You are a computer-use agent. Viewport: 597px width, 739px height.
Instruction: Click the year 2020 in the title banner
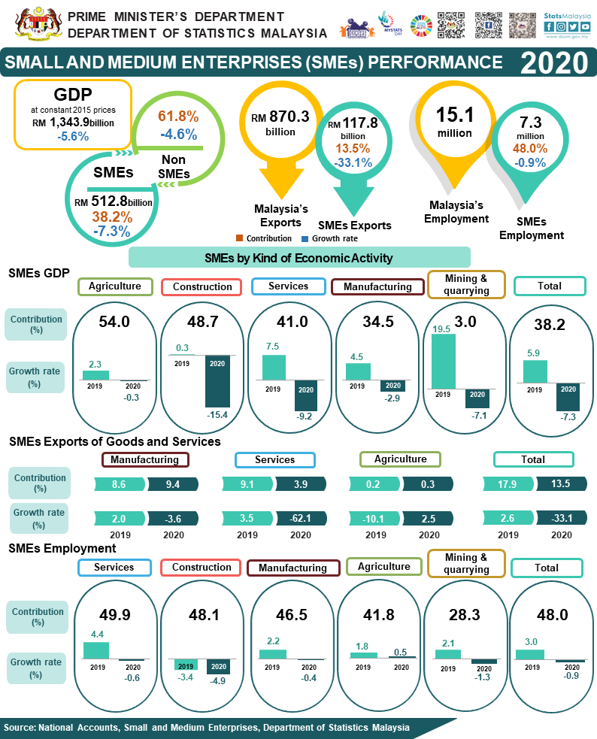pos(553,62)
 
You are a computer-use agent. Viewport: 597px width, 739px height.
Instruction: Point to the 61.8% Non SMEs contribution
pos(178,117)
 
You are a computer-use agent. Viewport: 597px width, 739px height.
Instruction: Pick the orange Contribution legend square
pos(239,238)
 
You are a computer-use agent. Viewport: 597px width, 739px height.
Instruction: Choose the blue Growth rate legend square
pos(305,238)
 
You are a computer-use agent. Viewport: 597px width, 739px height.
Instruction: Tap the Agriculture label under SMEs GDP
pos(115,286)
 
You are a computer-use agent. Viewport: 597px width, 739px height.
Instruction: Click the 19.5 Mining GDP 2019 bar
pos(443,361)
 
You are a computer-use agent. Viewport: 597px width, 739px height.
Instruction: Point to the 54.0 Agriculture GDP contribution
pos(115,322)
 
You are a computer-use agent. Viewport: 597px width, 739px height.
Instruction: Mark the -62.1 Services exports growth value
pos(300,518)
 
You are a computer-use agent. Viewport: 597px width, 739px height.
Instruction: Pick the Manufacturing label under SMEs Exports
pos(144,459)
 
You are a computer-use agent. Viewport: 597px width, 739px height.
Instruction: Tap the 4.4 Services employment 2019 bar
pos(96,650)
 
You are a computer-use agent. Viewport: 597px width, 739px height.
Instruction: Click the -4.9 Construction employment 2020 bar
pos(219,667)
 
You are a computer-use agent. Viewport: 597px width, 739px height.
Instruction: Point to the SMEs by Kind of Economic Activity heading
pos(298,258)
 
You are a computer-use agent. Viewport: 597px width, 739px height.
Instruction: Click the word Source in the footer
pos(20,728)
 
